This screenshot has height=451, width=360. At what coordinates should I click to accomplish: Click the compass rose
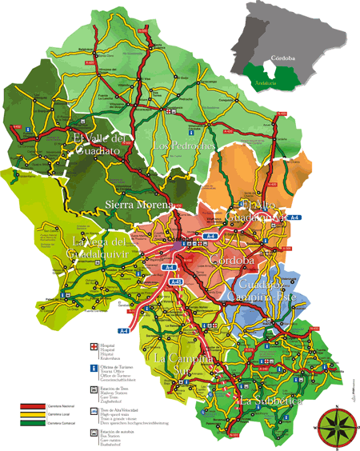[337, 427]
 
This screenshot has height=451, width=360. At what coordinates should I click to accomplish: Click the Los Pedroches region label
[183, 146]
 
